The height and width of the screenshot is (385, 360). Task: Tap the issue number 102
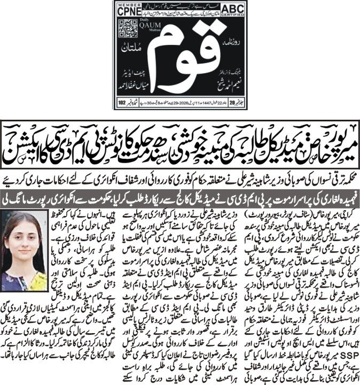(123, 100)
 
